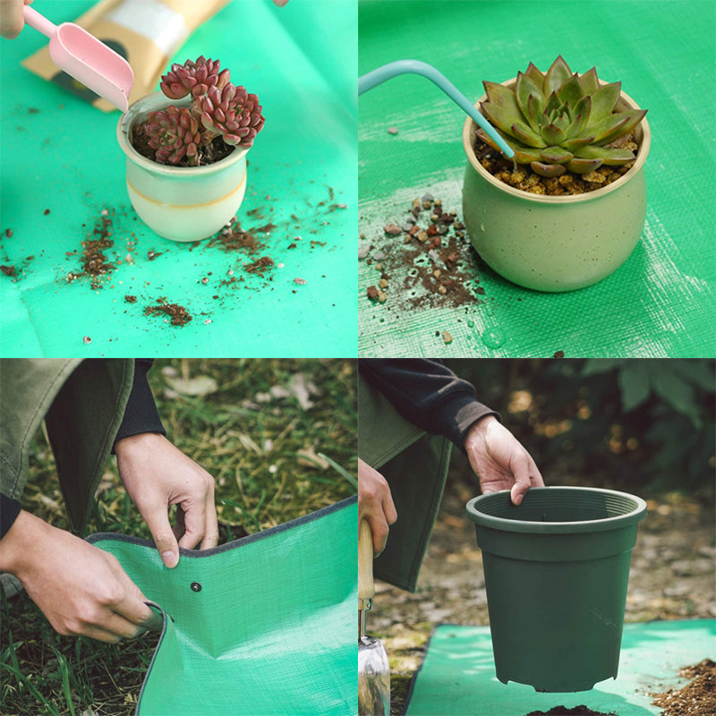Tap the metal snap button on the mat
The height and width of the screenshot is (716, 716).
(x=196, y=587)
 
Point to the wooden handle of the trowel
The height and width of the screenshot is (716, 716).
(x=365, y=564)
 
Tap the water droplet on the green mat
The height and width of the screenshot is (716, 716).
(x=493, y=337)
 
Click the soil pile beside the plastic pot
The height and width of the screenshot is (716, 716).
(x=685, y=689)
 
